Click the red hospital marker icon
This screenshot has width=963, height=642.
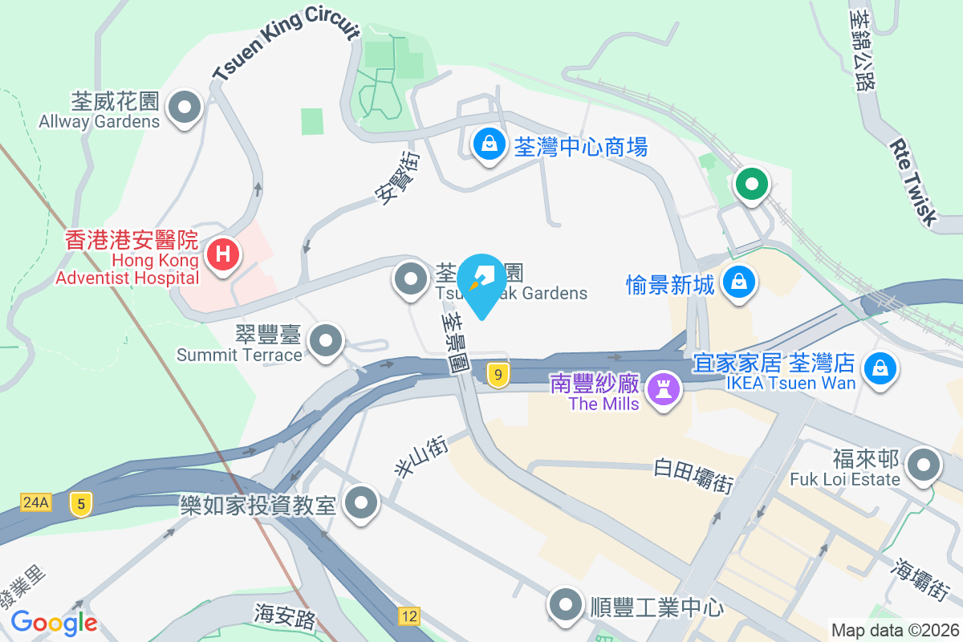[x=224, y=255]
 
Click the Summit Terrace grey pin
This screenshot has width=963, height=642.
[x=326, y=340]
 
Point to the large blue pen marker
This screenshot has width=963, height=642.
[x=481, y=282]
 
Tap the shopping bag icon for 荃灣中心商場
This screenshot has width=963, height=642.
[x=488, y=144]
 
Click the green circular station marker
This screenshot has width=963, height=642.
[x=751, y=184]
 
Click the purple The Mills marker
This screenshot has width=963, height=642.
[x=664, y=389]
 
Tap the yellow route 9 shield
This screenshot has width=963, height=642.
[x=499, y=374]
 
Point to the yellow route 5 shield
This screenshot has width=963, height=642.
[x=80, y=504]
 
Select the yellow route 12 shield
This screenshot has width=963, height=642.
[x=408, y=616]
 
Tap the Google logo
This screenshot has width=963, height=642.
[x=55, y=622]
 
